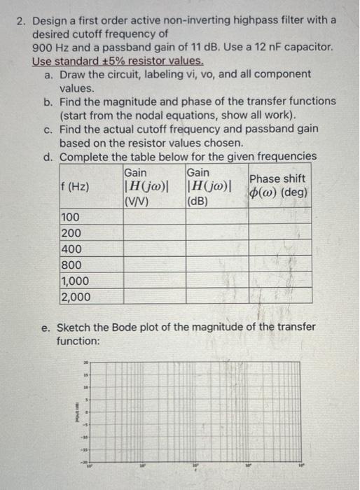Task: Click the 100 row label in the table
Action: (71, 218)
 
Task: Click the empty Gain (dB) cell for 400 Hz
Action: (216, 249)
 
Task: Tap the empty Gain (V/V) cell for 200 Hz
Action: (153, 234)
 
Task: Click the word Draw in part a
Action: (74, 74)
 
